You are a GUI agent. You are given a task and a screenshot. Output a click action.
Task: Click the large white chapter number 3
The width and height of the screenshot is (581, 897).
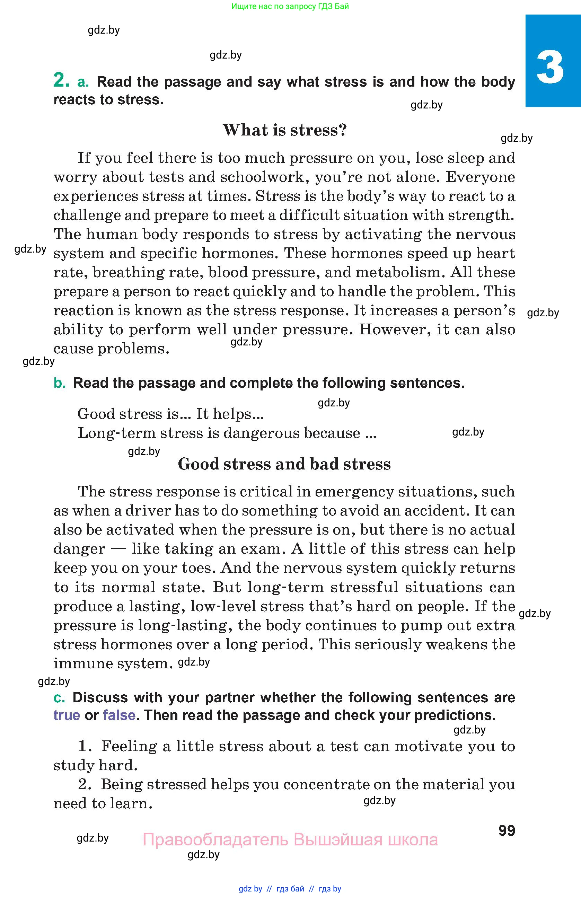[550, 68]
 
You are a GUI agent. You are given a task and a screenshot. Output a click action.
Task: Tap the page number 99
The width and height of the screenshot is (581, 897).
[507, 830]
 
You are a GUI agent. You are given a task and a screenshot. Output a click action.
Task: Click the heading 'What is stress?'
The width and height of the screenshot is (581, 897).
[284, 130]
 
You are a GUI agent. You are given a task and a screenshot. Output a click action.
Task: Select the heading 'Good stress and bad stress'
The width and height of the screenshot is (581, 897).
[284, 464]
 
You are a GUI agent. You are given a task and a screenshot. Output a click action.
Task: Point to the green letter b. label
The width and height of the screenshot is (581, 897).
[60, 383]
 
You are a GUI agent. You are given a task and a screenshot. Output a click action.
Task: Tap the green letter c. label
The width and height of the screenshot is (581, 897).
[59, 698]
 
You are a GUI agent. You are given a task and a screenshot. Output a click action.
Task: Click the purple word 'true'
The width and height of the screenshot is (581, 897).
[67, 715]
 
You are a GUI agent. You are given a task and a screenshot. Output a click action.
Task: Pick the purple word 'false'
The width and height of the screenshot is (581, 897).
[119, 715]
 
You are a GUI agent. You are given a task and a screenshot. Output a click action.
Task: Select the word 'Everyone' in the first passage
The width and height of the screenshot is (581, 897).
[480, 177]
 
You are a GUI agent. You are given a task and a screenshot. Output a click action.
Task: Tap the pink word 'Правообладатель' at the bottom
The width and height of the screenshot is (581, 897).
[215, 840]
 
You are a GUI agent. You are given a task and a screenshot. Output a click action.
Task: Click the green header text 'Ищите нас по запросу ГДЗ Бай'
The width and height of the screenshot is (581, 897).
[290, 6]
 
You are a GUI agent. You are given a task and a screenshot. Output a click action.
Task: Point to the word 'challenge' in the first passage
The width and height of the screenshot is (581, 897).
[86, 215]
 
